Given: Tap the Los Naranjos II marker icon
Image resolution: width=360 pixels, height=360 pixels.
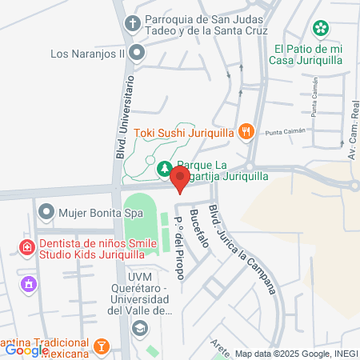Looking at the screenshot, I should pyautogui.click(x=137, y=54).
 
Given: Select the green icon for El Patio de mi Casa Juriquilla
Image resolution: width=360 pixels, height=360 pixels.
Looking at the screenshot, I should pyautogui.click(x=320, y=29).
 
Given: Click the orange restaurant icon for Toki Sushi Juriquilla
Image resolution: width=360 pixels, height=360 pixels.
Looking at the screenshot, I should pyautogui.click(x=247, y=132).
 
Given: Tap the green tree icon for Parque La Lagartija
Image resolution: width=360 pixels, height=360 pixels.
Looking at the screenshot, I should pyautogui.click(x=164, y=169).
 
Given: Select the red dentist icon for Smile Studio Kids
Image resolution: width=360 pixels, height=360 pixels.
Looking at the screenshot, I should pyautogui.click(x=27, y=247).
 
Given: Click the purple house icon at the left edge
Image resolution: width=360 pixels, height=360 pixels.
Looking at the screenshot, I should pyautogui.click(x=30, y=283).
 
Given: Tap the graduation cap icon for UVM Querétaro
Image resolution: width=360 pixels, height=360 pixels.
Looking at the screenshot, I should pyautogui.click(x=140, y=327).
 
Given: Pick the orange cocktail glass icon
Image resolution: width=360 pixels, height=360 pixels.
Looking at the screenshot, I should pyautogui.click(x=102, y=346).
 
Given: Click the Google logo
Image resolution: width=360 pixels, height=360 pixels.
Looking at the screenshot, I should pyautogui.click(x=26, y=350).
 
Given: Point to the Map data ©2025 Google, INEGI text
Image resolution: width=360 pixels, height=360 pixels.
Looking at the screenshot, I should pyautogui.click(x=295, y=354).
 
